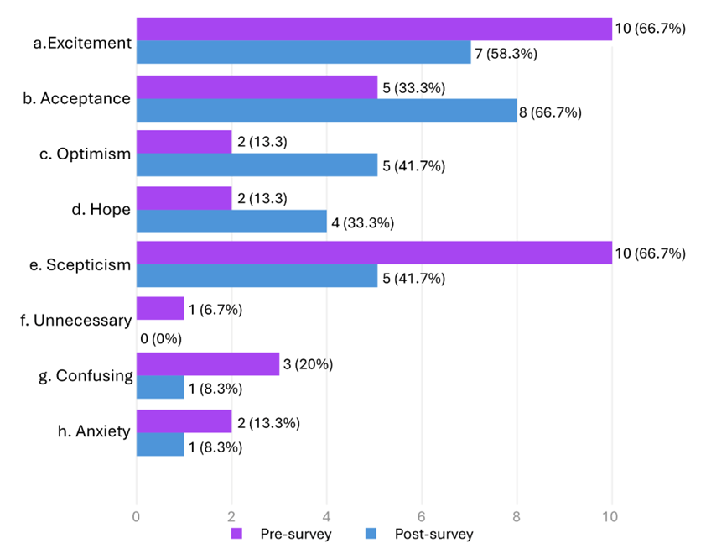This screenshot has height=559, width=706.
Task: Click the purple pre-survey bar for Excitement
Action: (374, 29)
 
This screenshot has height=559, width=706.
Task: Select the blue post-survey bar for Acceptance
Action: (326, 110)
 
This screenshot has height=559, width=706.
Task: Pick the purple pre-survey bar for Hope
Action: (184, 197)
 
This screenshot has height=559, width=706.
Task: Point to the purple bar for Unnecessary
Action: (160, 309)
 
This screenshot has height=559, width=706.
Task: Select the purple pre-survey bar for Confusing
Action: (207, 364)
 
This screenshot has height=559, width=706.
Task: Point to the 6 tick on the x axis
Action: (422, 517)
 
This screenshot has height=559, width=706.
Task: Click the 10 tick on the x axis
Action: (611, 517)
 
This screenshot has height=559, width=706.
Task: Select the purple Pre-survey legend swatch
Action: (236, 535)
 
